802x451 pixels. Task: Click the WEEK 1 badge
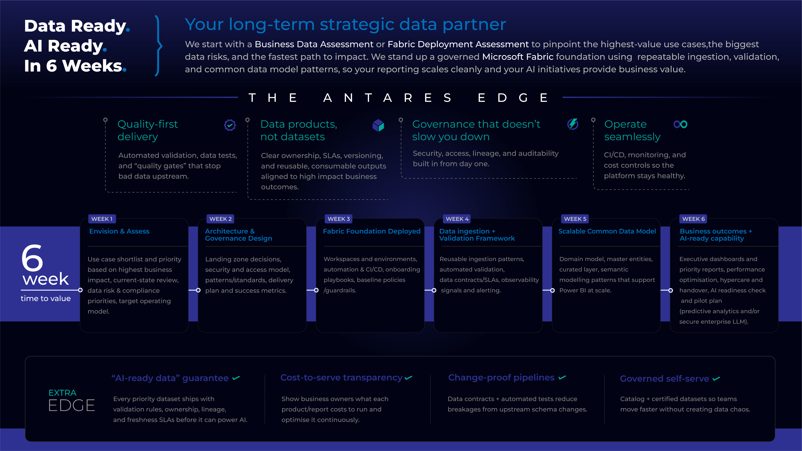tap(102, 219)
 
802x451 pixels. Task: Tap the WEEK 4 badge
tap(457, 219)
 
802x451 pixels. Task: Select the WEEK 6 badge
tap(693, 219)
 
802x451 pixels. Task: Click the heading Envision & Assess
tap(119, 231)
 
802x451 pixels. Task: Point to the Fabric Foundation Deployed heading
tap(372, 231)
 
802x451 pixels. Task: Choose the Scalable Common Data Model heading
tap(607, 231)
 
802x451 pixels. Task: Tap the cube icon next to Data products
tap(378, 125)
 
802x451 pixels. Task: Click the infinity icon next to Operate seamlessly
tap(681, 124)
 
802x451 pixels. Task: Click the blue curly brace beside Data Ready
tap(159, 46)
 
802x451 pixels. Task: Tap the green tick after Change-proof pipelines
tap(562, 377)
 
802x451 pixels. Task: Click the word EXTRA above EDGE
tap(63, 393)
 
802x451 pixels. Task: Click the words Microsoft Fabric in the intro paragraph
tap(518, 57)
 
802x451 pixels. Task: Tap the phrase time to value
tap(46, 299)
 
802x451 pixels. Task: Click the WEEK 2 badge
tap(221, 219)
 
